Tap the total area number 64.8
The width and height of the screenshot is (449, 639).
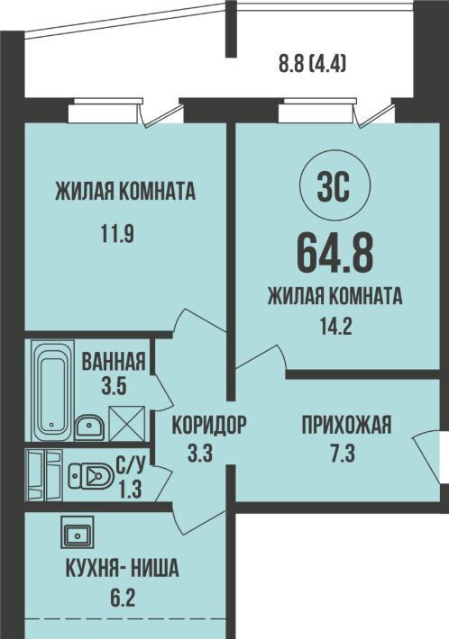(x=334, y=255)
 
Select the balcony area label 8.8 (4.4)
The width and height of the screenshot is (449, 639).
(x=313, y=64)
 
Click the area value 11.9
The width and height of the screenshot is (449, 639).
(x=117, y=234)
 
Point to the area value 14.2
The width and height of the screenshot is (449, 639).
(x=335, y=326)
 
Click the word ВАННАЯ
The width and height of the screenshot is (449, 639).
(x=114, y=361)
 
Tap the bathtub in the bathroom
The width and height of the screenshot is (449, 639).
(x=52, y=391)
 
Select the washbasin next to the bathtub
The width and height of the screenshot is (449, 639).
(x=89, y=427)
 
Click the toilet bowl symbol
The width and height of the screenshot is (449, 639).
(x=91, y=475)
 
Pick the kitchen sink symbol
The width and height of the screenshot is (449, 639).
(x=78, y=532)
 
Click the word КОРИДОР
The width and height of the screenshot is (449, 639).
(x=209, y=425)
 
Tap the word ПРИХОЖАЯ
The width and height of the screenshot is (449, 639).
(x=346, y=425)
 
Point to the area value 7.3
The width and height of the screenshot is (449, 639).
(x=343, y=454)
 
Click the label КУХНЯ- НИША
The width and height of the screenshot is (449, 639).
(x=122, y=568)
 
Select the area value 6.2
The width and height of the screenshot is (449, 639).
(x=122, y=598)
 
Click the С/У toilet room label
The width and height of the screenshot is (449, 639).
(x=130, y=465)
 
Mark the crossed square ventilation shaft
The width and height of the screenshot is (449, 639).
(x=127, y=424)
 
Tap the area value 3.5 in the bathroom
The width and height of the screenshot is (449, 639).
(x=114, y=386)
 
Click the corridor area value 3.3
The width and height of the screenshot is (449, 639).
(x=200, y=453)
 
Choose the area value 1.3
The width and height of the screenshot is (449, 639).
(x=130, y=489)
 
